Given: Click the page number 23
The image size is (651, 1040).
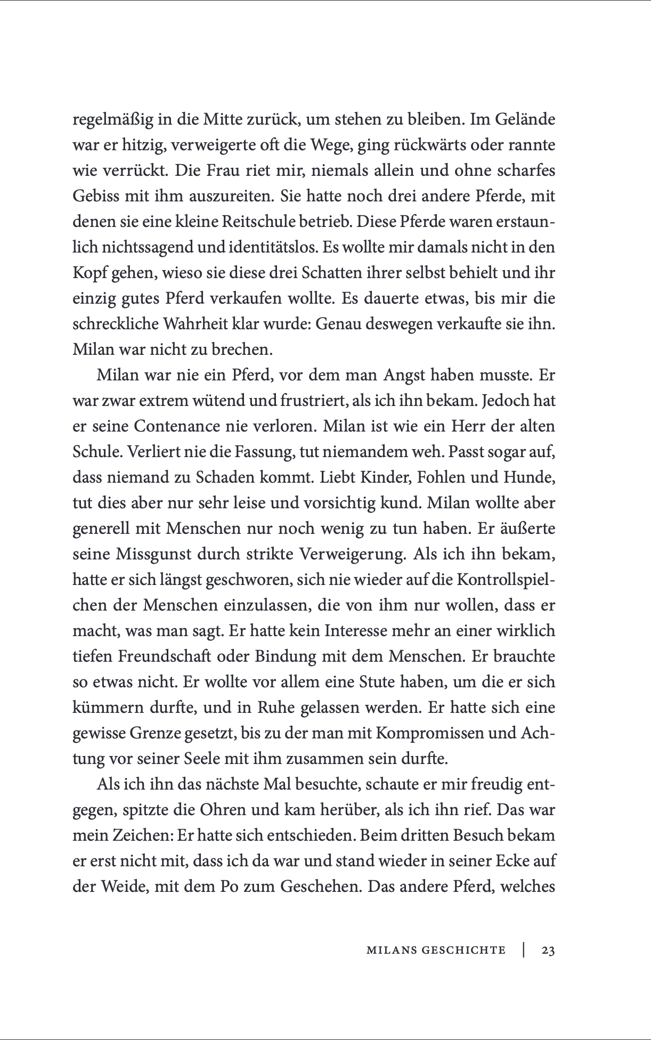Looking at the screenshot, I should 548,950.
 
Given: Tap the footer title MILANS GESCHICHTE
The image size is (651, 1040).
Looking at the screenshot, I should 436,950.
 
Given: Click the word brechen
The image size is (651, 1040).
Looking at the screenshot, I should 242,350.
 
